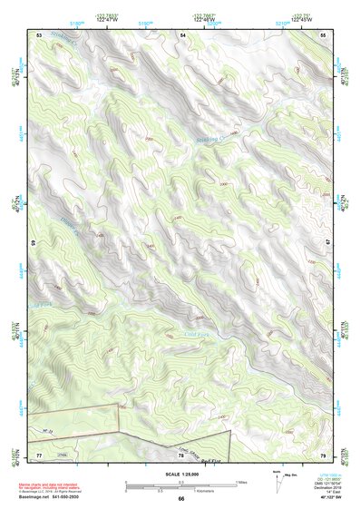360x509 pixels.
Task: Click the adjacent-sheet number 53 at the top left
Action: [x=39, y=34]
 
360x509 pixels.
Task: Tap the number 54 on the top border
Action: [x=182, y=34]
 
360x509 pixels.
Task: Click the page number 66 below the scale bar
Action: [x=181, y=498]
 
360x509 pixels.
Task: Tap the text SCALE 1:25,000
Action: [x=181, y=475]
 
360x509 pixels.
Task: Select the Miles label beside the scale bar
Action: [x=241, y=482]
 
